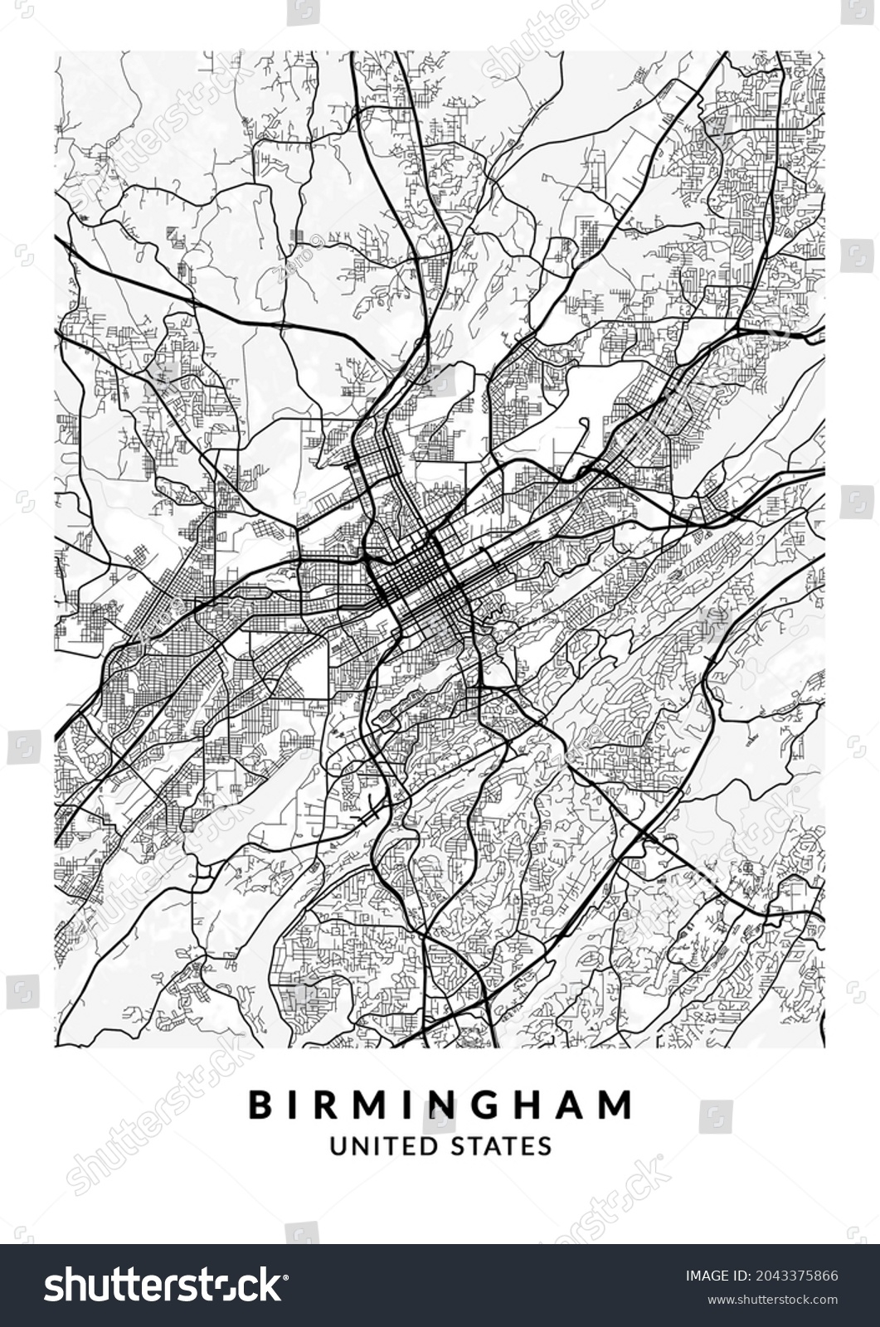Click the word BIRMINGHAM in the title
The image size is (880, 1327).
(x=440, y=1104)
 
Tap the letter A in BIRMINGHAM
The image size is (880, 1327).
(x=571, y=1104)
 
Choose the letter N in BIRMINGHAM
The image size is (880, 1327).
(x=428, y=1104)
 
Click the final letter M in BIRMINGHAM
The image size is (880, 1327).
(x=618, y=1104)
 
